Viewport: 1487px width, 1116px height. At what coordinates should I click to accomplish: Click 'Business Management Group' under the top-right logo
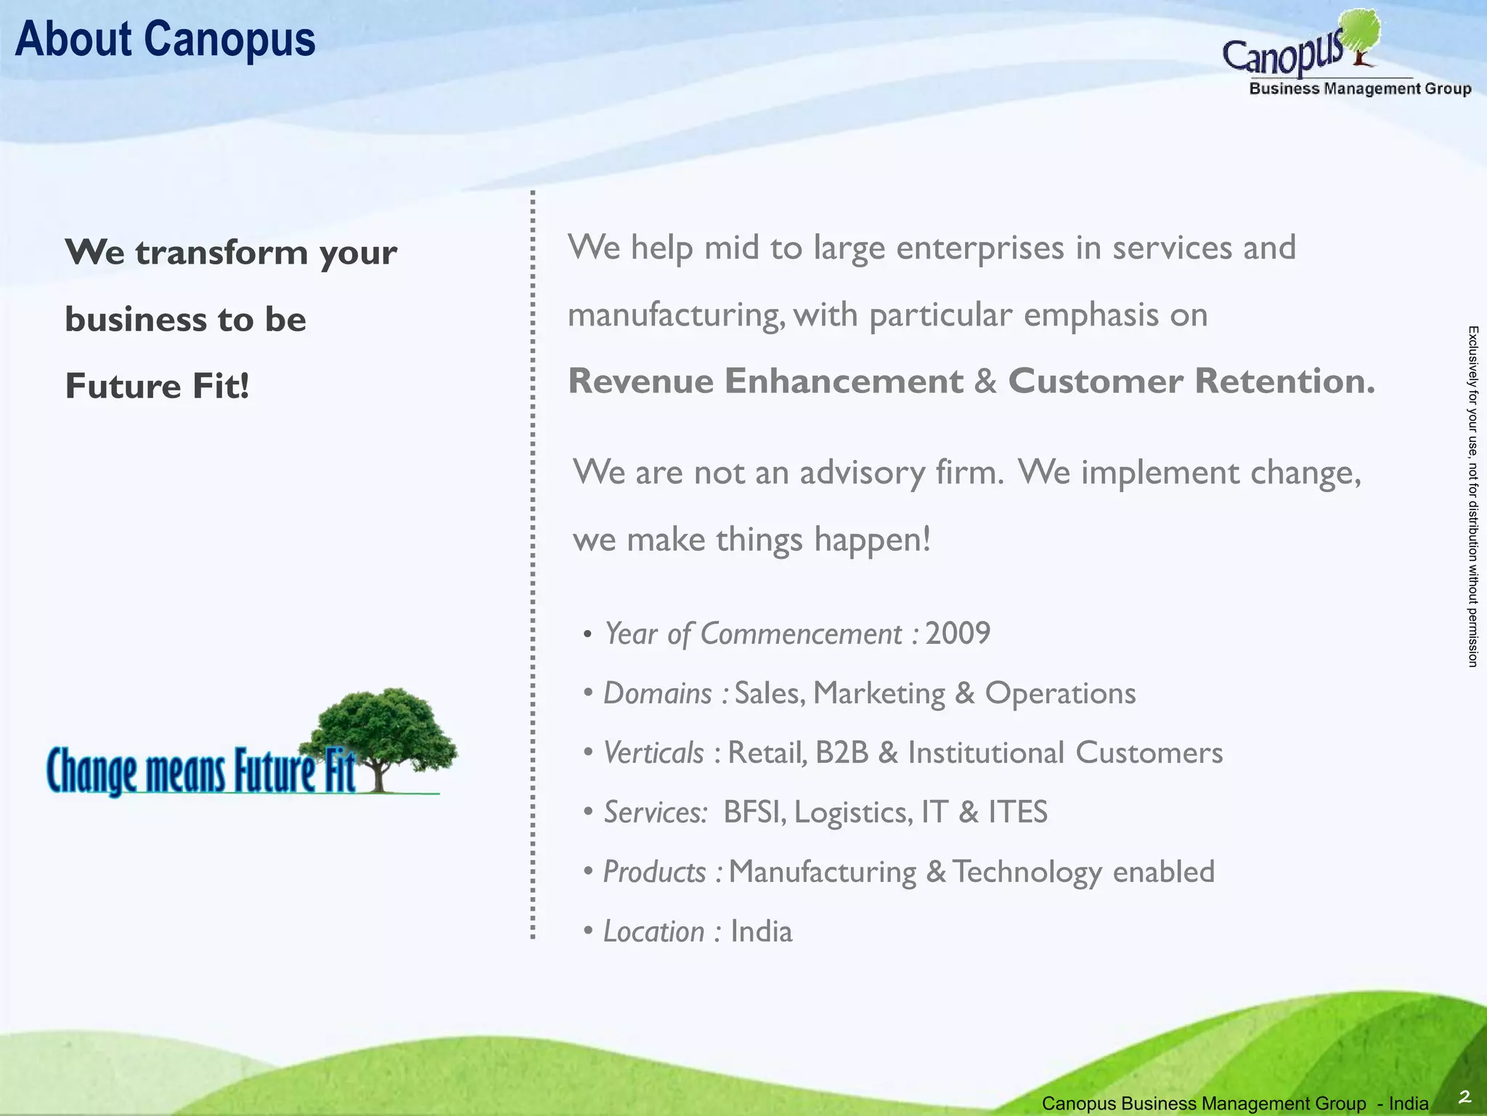(1360, 89)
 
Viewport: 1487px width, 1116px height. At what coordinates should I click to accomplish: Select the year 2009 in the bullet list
(957, 634)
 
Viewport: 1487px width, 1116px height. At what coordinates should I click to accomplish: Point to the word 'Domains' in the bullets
(658, 693)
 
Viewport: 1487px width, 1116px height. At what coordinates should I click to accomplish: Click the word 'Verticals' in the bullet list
(653, 753)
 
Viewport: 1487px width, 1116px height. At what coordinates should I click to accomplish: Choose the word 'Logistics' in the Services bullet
(853, 812)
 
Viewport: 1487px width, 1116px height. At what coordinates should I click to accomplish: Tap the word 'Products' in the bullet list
(654, 872)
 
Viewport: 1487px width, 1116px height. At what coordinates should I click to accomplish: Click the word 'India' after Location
(761, 931)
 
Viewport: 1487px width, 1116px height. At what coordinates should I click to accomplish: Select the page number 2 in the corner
(1464, 1096)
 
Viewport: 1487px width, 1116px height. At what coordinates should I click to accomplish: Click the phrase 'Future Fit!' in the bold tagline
(157, 386)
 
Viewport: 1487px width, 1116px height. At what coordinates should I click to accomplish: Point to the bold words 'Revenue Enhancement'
(765, 381)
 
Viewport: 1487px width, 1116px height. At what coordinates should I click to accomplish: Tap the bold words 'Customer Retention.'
(1191, 381)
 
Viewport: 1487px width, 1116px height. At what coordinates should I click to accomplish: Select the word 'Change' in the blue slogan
(91, 772)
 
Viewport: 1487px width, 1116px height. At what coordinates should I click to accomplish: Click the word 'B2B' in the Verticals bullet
(842, 753)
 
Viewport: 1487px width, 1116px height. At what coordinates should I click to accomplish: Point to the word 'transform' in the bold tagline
(222, 253)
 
